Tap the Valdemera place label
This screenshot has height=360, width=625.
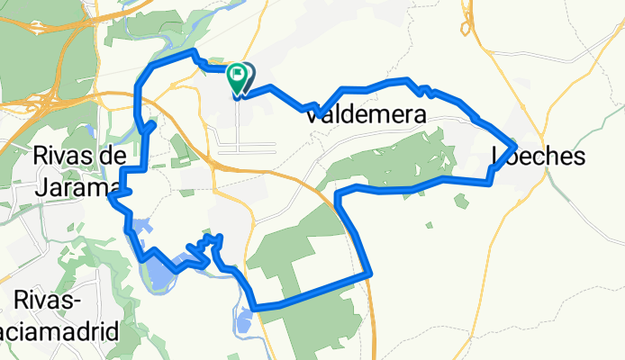tap(366, 115)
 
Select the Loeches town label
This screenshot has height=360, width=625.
tap(540, 157)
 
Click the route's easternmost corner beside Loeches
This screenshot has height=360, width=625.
tap(514, 144)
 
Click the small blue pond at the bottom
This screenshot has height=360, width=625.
tap(244, 319)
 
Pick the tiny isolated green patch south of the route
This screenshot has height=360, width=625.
tap(430, 225)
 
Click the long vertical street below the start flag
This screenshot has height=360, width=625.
tap(238, 121)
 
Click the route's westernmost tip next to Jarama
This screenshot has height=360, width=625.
tap(110, 197)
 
